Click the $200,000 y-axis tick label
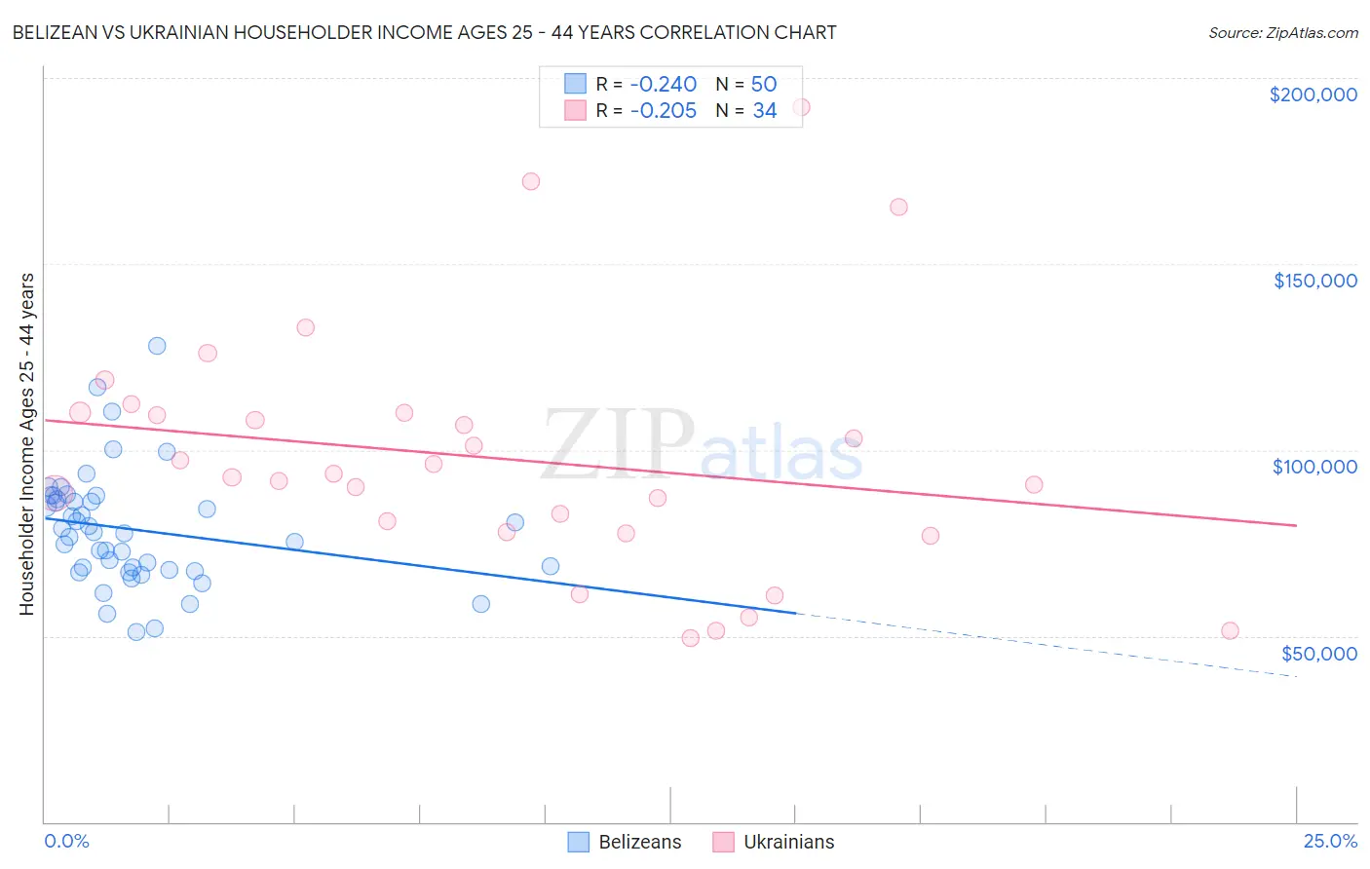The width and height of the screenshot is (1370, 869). click(1313, 94)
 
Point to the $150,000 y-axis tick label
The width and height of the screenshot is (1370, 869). click(1314, 281)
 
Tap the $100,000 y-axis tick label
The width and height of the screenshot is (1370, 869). click(1314, 467)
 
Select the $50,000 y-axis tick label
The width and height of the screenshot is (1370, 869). click(1318, 654)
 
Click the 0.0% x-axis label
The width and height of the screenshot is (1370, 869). click(66, 841)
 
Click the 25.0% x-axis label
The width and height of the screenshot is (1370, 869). click(1330, 841)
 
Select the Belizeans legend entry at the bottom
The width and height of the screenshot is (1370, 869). click(625, 842)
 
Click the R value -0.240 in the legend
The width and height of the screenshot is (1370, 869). click(663, 85)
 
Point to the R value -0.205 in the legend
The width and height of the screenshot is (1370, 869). click(663, 111)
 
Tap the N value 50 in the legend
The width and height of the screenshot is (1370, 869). click(764, 85)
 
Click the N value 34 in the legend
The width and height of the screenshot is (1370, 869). click(764, 111)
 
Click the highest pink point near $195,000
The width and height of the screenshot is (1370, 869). click(801, 107)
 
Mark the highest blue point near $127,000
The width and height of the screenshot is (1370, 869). click(157, 346)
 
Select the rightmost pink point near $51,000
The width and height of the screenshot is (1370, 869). click(1230, 630)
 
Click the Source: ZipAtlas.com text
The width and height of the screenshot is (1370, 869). click(1282, 33)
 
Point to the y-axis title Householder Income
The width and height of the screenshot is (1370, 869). click(27, 443)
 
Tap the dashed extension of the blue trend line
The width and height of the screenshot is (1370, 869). click(1052, 646)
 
